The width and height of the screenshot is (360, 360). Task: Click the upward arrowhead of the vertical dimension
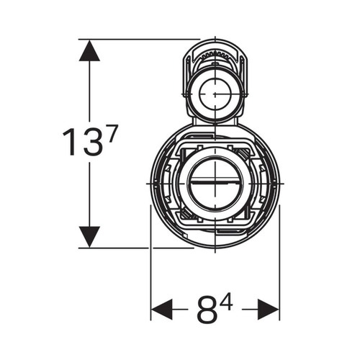(x=89, y=50)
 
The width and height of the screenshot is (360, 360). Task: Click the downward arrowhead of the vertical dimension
(x=89, y=237)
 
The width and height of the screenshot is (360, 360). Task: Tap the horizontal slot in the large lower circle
(x=215, y=183)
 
